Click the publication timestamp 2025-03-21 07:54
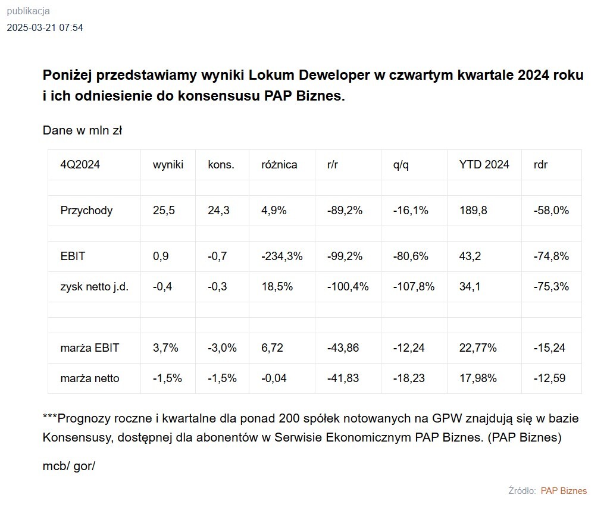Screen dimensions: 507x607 (45, 27)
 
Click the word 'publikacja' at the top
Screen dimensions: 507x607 (28, 11)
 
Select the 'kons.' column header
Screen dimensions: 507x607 (221, 165)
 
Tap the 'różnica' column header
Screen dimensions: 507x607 (279, 165)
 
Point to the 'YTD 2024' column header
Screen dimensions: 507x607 (484, 165)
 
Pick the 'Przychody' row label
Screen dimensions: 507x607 (86, 210)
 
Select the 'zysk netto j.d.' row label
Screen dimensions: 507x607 (95, 286)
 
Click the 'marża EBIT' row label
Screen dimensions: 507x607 (90, 348)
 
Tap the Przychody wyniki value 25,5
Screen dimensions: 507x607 (164, 210)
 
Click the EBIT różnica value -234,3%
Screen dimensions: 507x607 (282, 256)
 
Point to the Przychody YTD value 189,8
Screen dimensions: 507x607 (474, 210)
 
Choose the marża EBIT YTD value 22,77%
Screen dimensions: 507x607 (478, 348)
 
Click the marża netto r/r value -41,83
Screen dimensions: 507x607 (343, 378)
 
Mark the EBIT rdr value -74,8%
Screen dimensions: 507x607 (551, 256)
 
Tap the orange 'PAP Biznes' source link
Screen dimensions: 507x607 (564, 491)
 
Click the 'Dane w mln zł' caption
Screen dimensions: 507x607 (82, 130)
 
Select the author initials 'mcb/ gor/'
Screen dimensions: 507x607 (69, 466)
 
